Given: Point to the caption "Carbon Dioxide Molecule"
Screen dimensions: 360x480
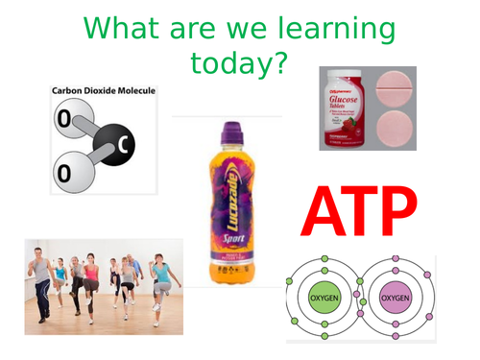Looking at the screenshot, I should coord(103,92).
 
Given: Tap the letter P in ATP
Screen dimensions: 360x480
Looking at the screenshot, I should coord(396,212).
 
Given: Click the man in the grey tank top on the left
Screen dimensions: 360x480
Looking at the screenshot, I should coord(39,278).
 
